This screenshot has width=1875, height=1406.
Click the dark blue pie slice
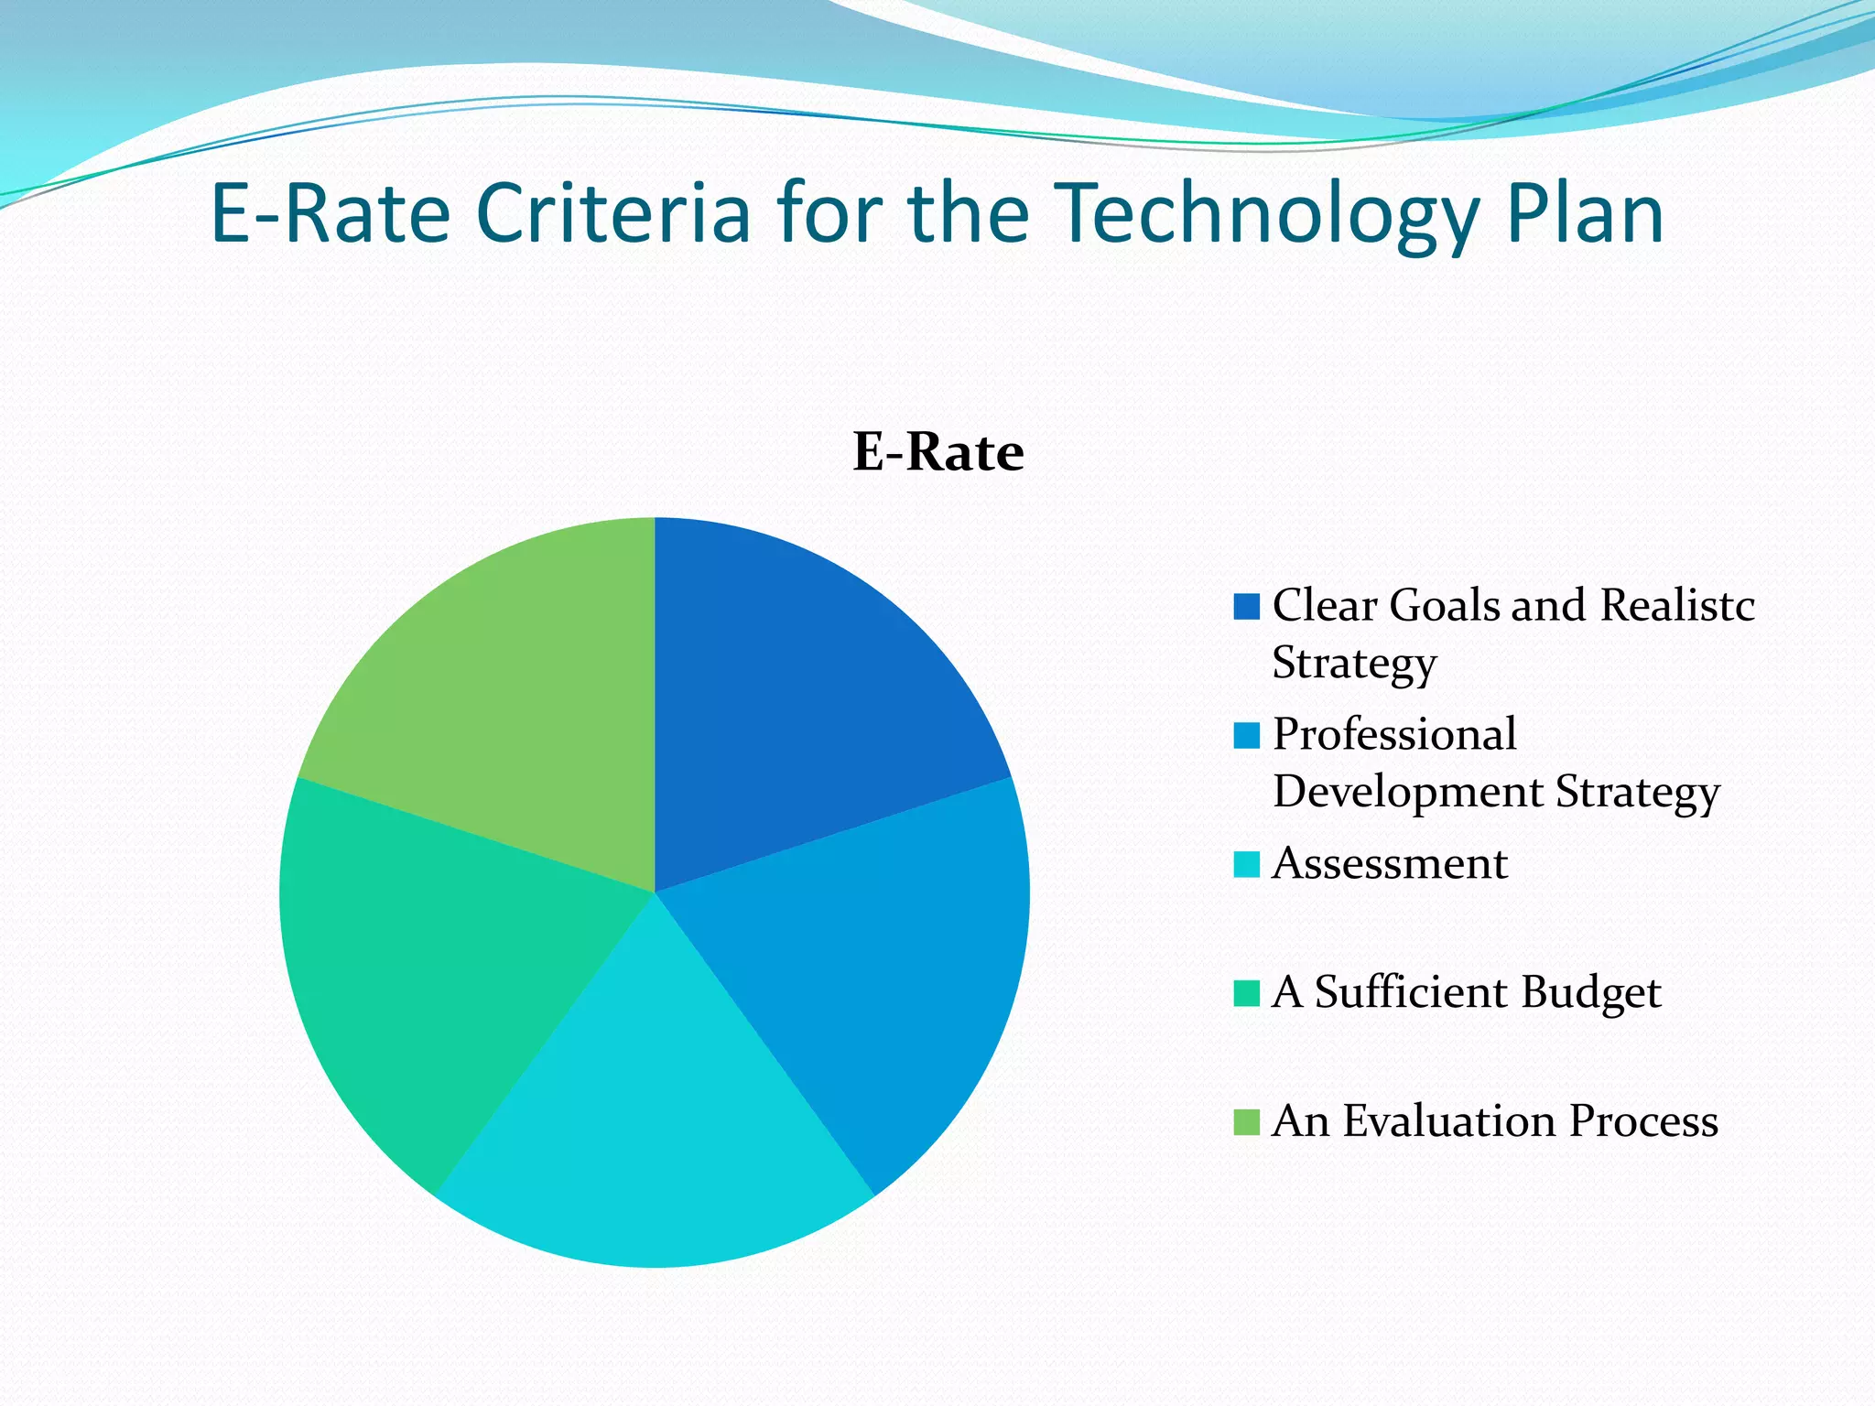pos(797,705)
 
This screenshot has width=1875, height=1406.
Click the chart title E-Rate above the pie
pos(937,452)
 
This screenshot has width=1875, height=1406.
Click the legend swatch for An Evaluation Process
pos(1246,1122)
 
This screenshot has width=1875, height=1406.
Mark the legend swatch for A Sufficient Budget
pos(1246,993)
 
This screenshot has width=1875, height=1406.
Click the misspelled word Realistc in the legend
pos(1677,606)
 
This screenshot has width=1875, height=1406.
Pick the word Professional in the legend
pos(1394,735)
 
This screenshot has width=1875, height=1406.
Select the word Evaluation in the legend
pos(1449,1122)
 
